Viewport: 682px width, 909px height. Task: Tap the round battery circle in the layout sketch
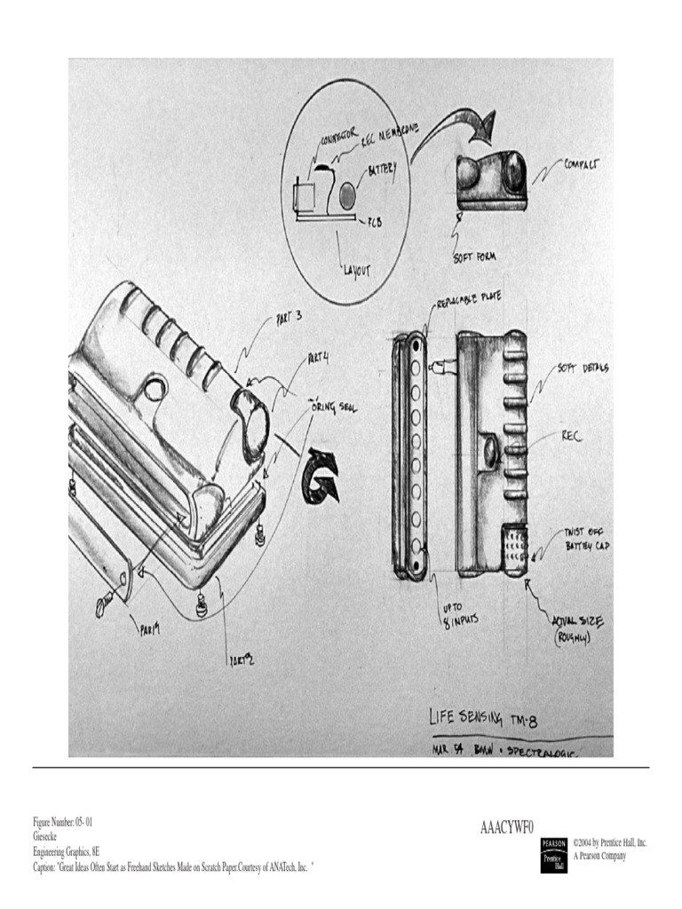347,194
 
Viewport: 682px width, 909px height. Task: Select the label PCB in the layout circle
374,222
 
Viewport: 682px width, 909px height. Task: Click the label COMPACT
581,164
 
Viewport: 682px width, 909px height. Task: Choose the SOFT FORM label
474,257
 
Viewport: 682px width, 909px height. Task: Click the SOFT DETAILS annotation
583,368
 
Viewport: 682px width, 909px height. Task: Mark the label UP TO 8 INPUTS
460,615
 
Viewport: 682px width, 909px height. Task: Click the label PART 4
318,360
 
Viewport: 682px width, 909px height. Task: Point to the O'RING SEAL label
332,403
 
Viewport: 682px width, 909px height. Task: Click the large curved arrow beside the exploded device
321,477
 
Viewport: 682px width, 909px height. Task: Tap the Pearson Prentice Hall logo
553,854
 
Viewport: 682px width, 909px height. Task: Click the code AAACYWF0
507,827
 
